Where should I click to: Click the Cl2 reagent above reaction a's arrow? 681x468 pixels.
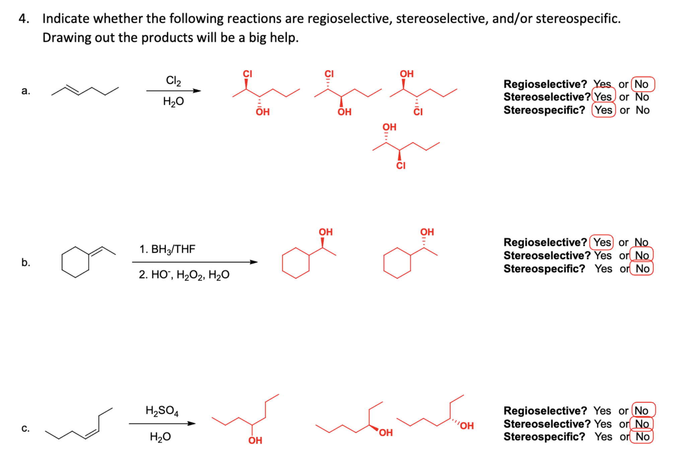173,81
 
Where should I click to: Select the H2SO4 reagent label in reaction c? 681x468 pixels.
162,410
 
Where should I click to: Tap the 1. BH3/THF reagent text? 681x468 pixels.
167,249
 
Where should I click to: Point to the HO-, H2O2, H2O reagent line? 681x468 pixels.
184,275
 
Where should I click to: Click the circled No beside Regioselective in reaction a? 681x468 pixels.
642,84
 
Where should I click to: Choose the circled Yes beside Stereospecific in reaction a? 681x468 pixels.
603,110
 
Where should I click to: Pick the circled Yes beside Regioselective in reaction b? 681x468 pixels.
602,242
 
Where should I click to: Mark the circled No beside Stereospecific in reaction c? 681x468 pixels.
642,437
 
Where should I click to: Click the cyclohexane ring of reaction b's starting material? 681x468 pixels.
75,262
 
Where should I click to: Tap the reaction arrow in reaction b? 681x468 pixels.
194,262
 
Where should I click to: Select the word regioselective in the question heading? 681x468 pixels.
350,18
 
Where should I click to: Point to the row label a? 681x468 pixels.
25,90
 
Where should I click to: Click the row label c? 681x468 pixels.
25,428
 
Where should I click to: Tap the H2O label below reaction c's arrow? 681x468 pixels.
160,437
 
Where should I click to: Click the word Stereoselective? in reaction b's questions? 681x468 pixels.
547,255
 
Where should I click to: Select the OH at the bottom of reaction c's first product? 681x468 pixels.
255,441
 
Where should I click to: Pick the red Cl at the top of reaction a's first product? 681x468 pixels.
247,74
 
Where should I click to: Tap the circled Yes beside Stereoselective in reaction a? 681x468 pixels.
603,97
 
